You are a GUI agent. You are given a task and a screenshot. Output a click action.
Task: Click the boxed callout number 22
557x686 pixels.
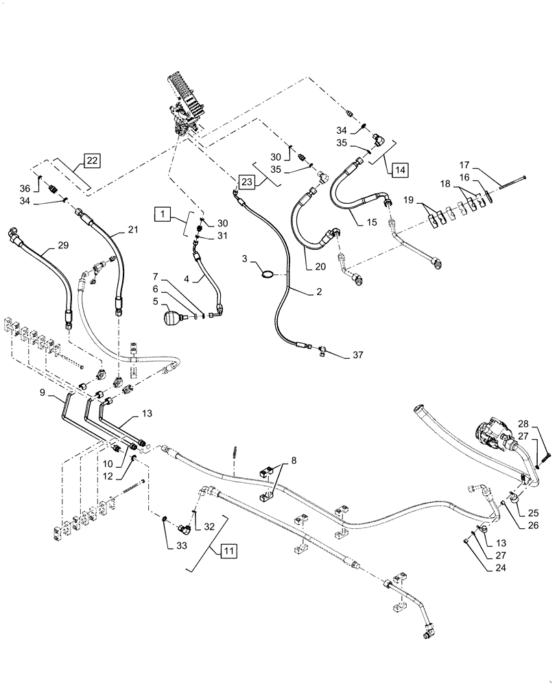coord(92,161)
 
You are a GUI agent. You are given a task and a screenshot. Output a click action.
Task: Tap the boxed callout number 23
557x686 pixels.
coord(246,182)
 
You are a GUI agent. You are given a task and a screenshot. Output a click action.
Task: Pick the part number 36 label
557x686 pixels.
coord(44,189)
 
